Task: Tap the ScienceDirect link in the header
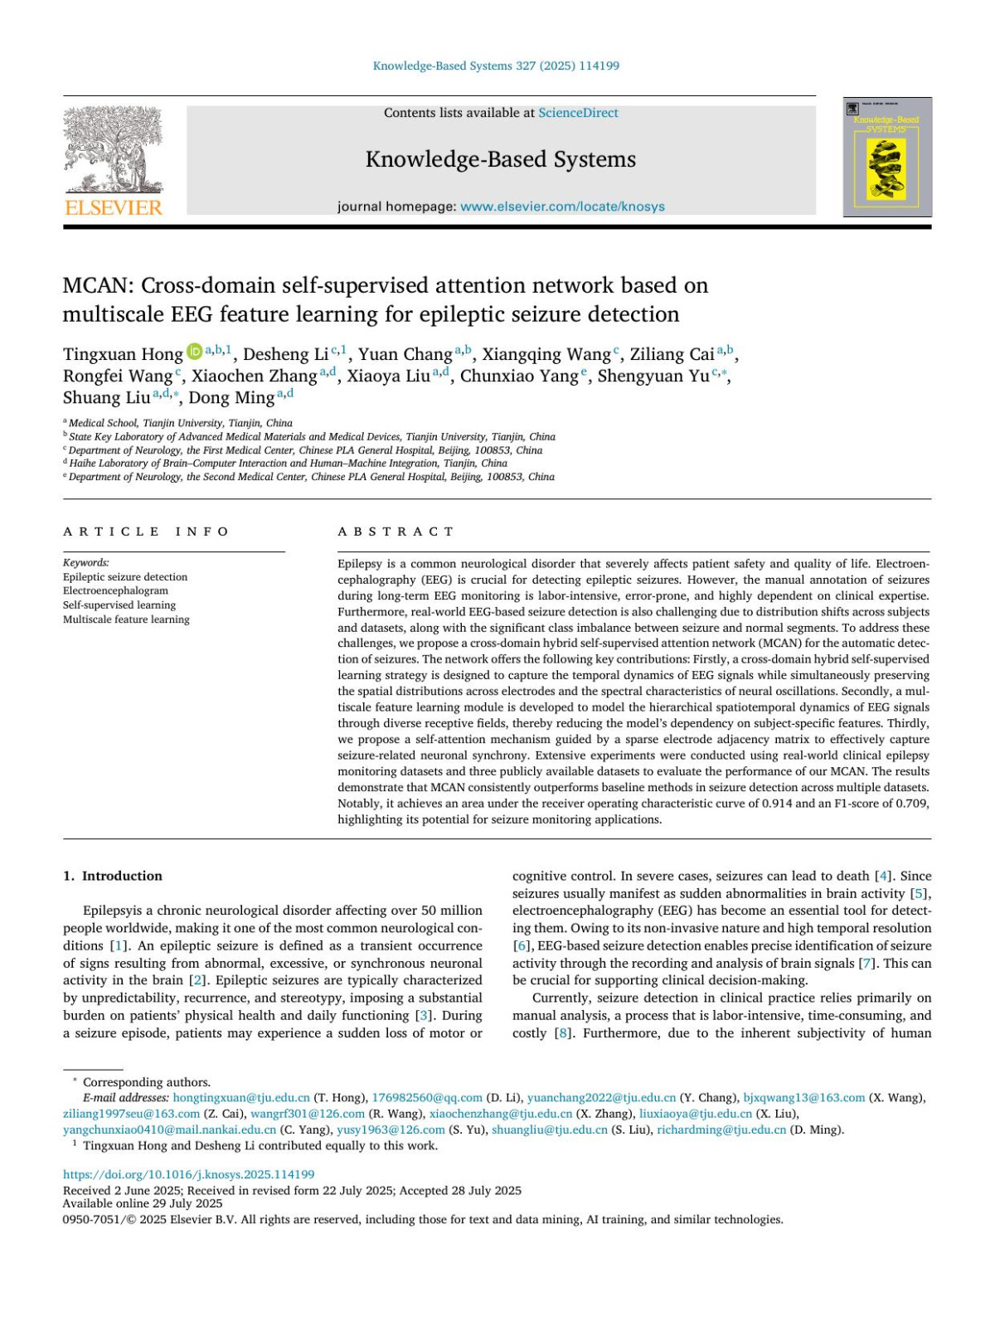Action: (x=578, y=113)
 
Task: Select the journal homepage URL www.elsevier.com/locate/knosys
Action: (x=562, y=206)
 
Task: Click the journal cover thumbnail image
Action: (x=887, y=158)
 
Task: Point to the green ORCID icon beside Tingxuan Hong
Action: (x=194, y=352)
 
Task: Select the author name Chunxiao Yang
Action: (x=519, y=376)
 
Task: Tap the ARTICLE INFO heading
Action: (x=146, y=532)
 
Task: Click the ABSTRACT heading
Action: (x=396, y=532)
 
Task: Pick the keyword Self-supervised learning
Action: (x=119, y=605)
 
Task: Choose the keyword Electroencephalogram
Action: (x=115, y=591)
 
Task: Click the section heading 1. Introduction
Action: (x=113, y=876)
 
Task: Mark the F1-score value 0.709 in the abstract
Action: (x=913, y=804)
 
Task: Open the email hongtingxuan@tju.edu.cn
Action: (x=241, y=1098)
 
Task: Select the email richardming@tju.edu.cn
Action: (x=721, y=1129)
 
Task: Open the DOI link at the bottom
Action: (x=189, y=1174)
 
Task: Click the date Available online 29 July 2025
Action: (x=143, y=1203)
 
